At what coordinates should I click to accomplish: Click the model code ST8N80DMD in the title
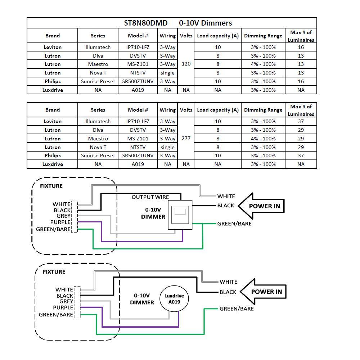[x=146, y=23]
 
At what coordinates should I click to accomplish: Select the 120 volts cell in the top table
[x=186, y=64]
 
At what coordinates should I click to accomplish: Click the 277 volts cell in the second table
[x=186, y=138]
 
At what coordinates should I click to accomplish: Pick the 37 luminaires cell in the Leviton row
[x=301, y=121]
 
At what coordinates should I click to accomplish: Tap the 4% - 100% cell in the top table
[x=263, y=64]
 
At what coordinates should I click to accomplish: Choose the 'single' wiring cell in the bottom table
[x=167, y=147]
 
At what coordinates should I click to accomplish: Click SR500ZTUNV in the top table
[x=138, y=81]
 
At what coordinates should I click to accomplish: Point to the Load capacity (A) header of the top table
[x=217, y=36]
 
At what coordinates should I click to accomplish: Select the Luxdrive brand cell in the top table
[x=52, y=90]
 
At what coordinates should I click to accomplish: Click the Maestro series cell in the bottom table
[x=98, y=138]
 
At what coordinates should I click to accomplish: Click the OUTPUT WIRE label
[x=150, y=197]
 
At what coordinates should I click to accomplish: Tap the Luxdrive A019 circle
[x=174, y=299]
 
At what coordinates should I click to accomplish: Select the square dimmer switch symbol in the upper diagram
[x=180, y=215]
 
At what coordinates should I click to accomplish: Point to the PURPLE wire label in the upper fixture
[x=60, y=222]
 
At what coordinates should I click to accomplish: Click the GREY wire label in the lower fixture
[x=66, y=301]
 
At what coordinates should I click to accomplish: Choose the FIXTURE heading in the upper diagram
[x=51, y=186]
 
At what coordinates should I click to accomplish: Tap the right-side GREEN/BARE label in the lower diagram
[x=236, y=309]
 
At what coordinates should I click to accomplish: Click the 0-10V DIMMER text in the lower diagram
[x=142, y=299]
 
